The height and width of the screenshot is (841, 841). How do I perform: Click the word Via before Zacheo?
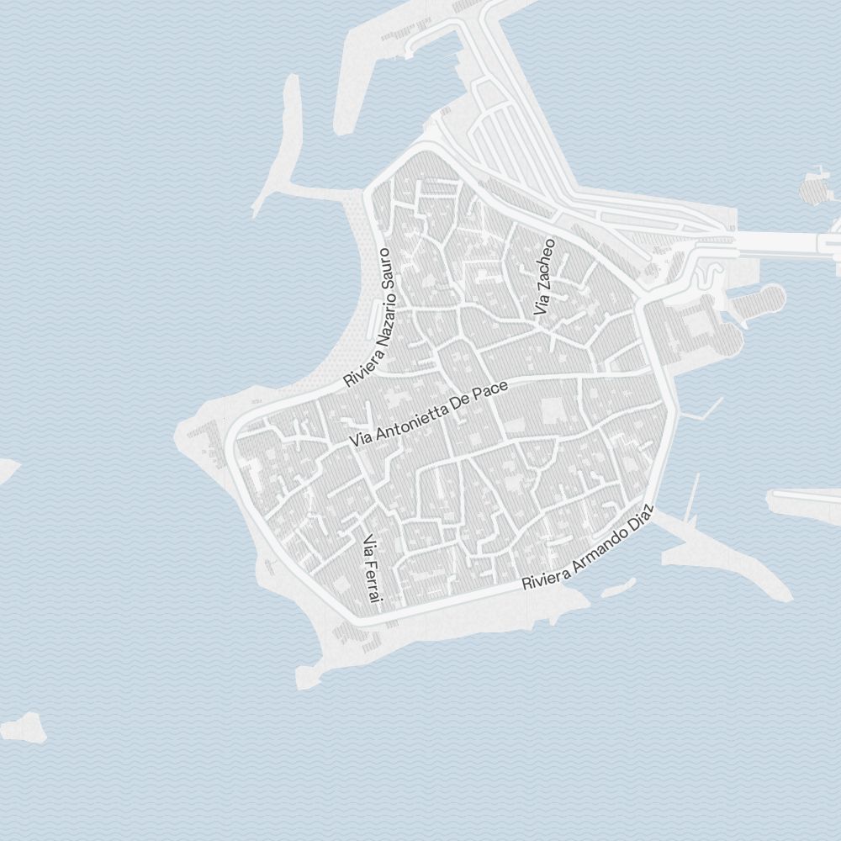coord(540,304)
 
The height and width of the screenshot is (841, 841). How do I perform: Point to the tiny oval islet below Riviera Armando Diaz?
coord(618,587)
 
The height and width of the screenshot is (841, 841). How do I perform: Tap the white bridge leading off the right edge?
coord(786,242)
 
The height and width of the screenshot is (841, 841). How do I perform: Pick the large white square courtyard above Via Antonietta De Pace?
coord(553,411)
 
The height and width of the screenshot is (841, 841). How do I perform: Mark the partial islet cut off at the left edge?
coord(7,469)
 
